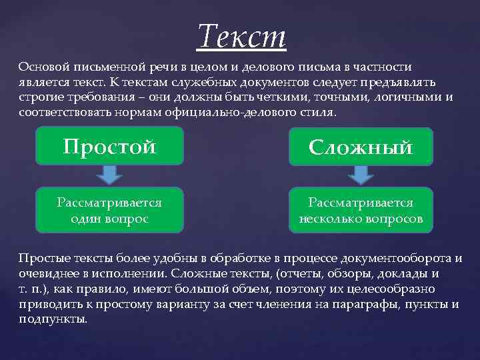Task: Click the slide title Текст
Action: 241,35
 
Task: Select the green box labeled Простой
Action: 109,146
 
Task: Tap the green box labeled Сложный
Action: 361,147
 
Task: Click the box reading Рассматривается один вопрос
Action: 109,210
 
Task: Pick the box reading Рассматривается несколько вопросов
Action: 361,210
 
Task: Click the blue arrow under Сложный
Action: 361,175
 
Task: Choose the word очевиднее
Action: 48,273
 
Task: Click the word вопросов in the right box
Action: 394,218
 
